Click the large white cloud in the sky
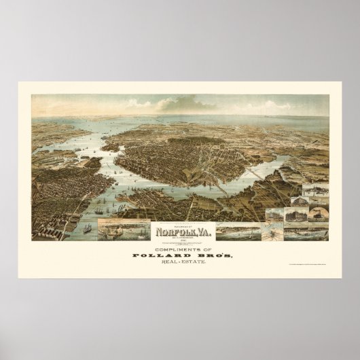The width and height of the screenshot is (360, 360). tap(170, 104)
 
